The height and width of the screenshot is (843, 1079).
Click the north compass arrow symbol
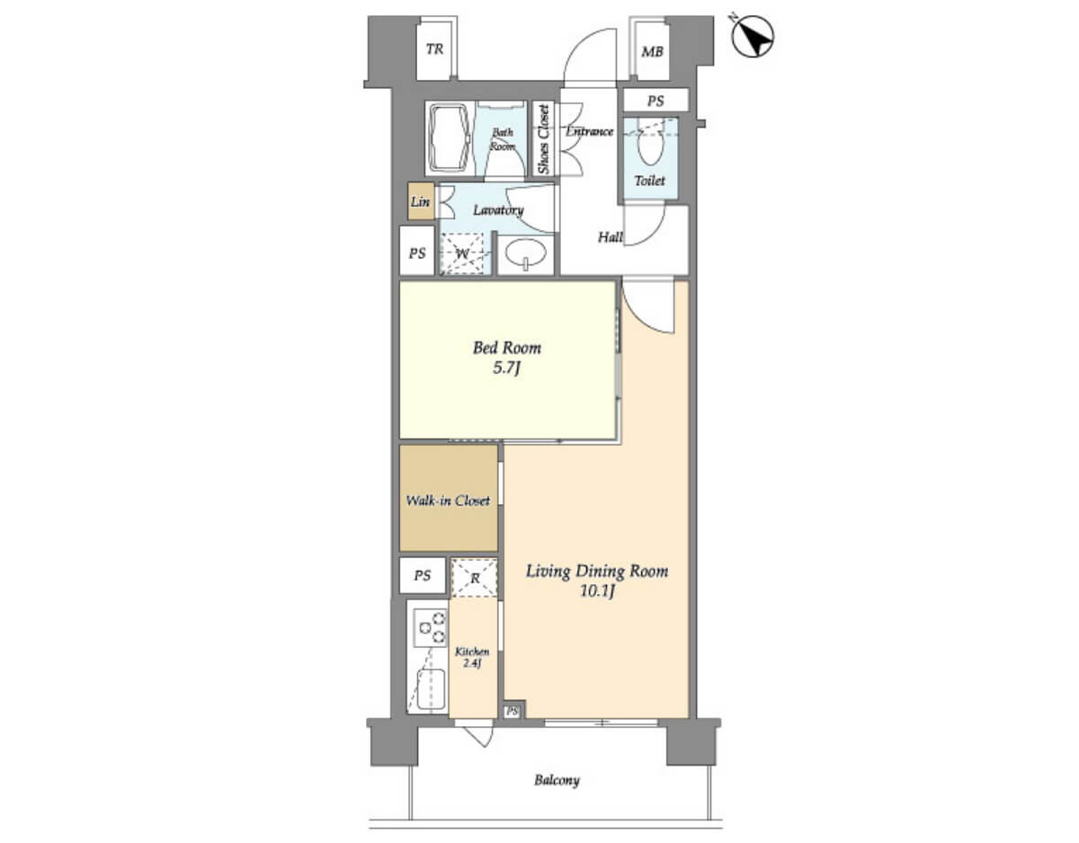pyautogui.click(x=754, y=36)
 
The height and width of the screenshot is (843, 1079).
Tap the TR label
pyautogui.click(x=435, y=49)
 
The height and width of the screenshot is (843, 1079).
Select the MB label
pyautogui.click(x=652, y=51)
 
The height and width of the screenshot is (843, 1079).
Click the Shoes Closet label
pyautogui.click(x=544, y=139)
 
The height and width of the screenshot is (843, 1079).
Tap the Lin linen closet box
pyautogui.click(x=421, y=201)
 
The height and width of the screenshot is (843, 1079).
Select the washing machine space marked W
pyautogui.click(x=462, y=253)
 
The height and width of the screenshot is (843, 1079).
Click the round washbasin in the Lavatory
pyautogui.click(x=525, y=253)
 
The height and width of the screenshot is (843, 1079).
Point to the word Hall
pyautogui.click(x=611, y=237)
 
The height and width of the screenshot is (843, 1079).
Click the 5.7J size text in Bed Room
pyautogui.click(x=506, y=368)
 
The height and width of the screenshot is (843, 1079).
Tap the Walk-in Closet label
pyautogui.click(x=448, y=501)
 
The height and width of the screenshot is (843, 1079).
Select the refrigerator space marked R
pyautogui.click(x=474, y=578)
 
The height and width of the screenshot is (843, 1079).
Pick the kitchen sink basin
pyautogui.click(x=431, y=688)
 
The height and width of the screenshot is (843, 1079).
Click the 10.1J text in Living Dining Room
pyautogui.click(x=597, y=591)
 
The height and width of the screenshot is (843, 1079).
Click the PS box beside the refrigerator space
pyautogui.click(x=423, y=575)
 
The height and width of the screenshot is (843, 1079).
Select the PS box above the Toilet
pyautogui.click(x=655, y=101)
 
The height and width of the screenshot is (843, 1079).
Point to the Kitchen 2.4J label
pyautogui.click(x=472, y=657)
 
